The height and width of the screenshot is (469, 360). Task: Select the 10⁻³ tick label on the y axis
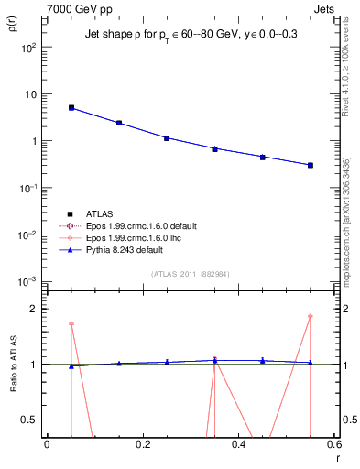[x=29, y=281]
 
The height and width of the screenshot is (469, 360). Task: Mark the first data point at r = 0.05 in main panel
[x=71, y=108]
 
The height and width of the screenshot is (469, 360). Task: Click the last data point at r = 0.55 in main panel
[x=311, y=165]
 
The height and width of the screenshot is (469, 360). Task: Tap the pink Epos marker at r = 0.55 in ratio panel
[x=311, y=317]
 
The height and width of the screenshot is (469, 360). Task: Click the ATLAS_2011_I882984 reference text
[x=191, y=274]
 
